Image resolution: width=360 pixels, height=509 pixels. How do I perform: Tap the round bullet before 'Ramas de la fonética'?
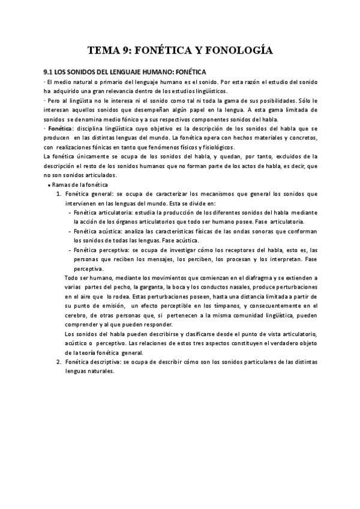(x=48, y=185)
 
